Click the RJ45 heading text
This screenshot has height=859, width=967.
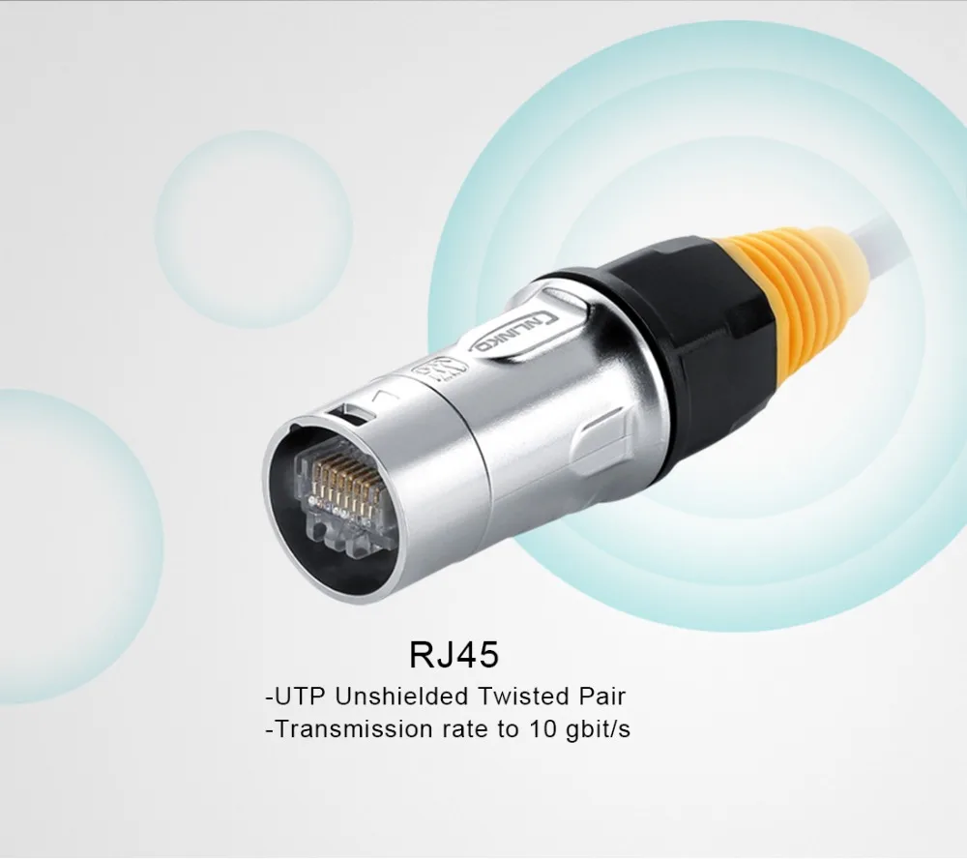pyautogui.click(x=454, y=655)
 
